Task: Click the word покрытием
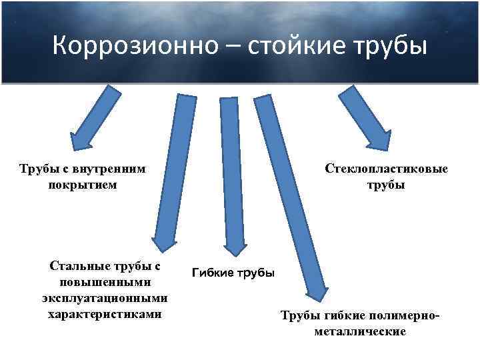[x=83, y=185]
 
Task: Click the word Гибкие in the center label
[x=213, y=273]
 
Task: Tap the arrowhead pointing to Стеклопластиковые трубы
[x=377, y=141]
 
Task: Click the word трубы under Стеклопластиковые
[x=385, y=185]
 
